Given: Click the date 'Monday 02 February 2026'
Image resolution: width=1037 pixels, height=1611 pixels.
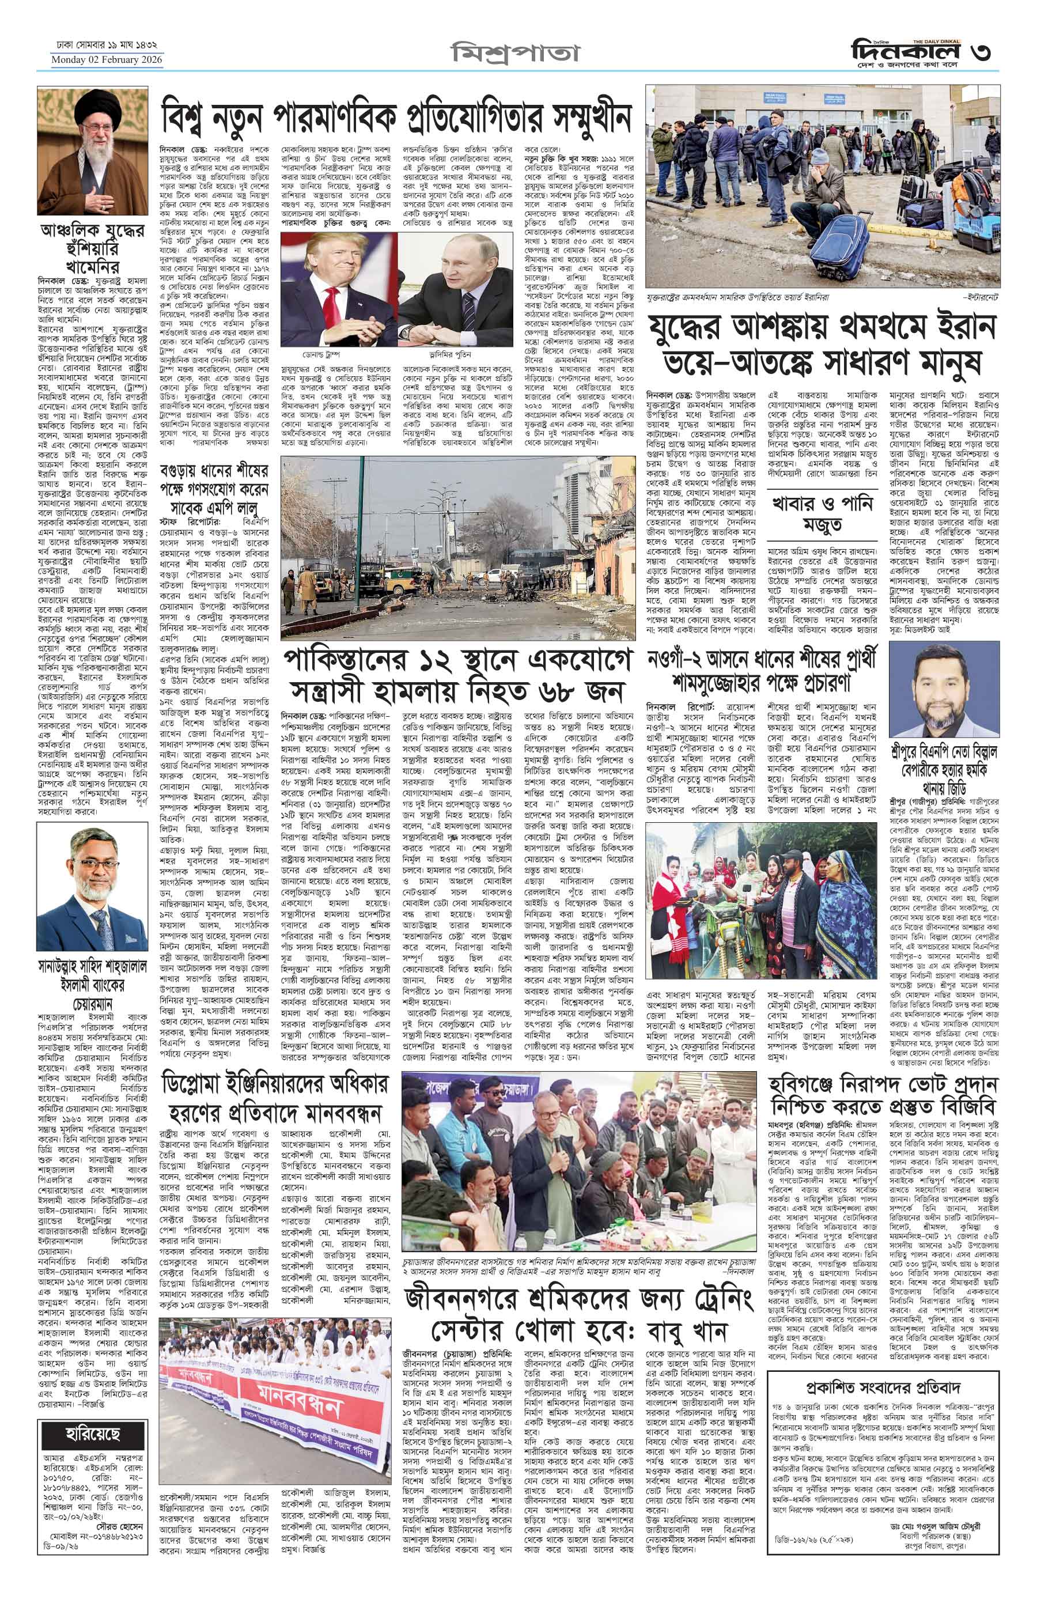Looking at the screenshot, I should click(108, 60).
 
